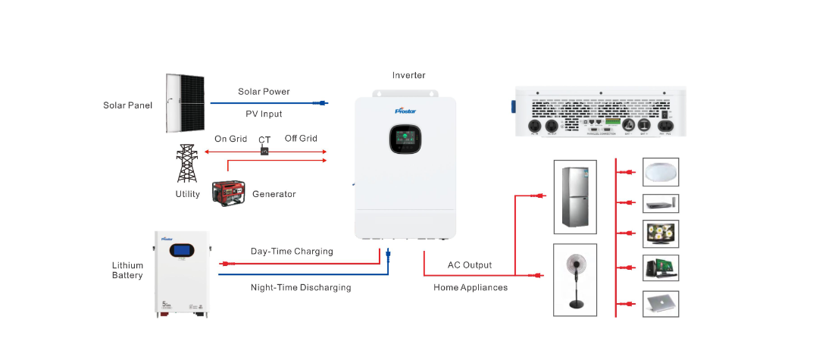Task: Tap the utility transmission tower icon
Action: click(x=186, y=162)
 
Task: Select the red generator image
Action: click(x=230, y=194)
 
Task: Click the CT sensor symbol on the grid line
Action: click(x=264, y=152)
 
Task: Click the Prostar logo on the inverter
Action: click(x=407, y=111)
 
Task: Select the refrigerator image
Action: click(x=576, y=195)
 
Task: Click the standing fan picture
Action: click(x=575, y=278)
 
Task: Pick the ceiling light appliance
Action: click(x=661, y=172)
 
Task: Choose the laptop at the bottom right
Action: click(x=661, y=303)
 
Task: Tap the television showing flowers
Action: click(x=661, y=234)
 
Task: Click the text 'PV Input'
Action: click(x=264, y=114)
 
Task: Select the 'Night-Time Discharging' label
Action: click(x=301, y=288)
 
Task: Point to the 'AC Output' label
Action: click(x=470, y=265)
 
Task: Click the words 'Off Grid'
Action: click(x=301, y=139)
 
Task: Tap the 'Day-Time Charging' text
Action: click(x=292, y=252)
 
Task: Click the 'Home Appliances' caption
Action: click(x=471, y=288)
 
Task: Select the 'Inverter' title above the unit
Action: click(x=408, y=76)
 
